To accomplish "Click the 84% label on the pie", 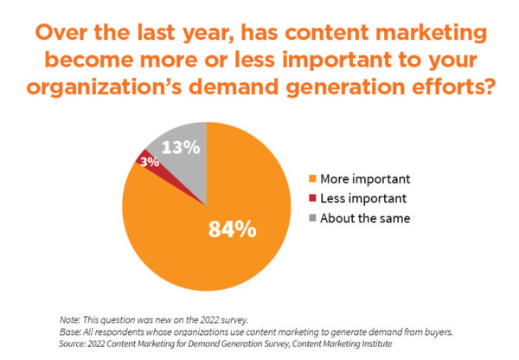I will pyautogui.click(x=231, y=229).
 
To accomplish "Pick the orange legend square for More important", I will pyautogui.click(x=312, y=180).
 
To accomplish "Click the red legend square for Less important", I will pyautogui.click(x=312, y=199).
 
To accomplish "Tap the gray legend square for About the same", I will pyautogui.click(x=312, y=218).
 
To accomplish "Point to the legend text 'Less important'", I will pyautogui.click(x=362, y=199).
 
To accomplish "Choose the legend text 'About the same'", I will pyautogui.click(x=365, y=218).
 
